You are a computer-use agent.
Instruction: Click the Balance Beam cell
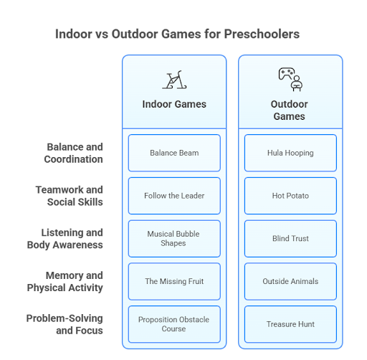tap(174, 153)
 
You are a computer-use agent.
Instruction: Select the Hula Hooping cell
tap(290, 153)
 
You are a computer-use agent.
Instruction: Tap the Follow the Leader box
tap(174, 196)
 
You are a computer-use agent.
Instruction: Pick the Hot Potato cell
tap(290, 196)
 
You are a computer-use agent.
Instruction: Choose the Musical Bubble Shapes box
tap(174, 239)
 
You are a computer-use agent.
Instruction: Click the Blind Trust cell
tap(290, 239)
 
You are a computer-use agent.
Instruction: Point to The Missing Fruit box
tap(174, 281)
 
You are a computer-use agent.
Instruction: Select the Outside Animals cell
tap(290, 281)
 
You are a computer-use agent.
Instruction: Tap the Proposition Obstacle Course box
tap(174, 324)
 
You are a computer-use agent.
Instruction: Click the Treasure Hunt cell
tap(290, 324)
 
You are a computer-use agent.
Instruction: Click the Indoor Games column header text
tap(174, 104)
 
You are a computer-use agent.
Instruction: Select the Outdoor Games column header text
tap(290, 110)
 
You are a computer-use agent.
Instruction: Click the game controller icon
tap(287, 73)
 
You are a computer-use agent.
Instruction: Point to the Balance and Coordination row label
tap(73, 153)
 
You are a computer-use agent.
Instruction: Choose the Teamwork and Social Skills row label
tap(70, 196)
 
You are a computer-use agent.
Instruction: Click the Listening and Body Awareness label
tap(65, 239)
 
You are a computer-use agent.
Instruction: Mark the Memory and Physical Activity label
tap(65, 281)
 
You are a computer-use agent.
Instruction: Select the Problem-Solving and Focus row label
tap(65, 324)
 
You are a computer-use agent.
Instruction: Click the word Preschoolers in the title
tap(262, 34)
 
